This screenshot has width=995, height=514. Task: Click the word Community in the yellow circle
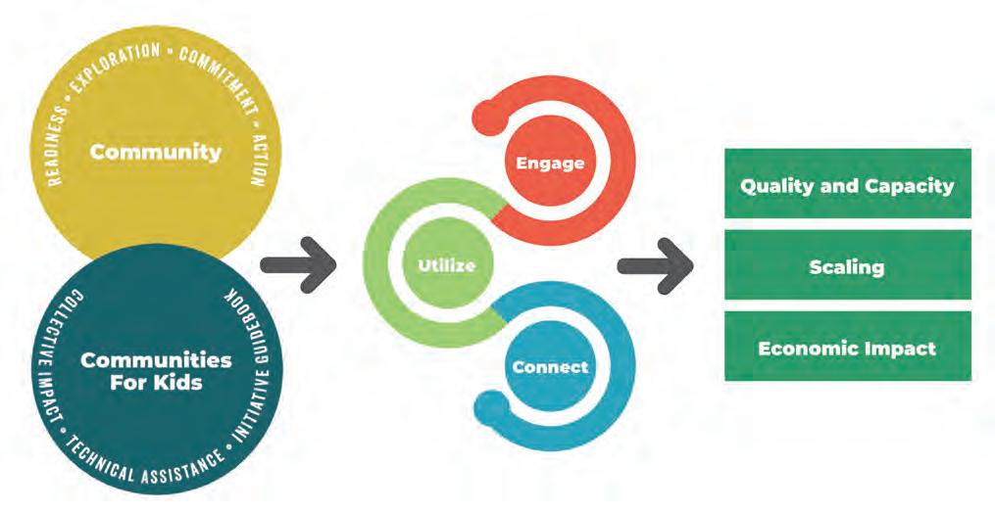point(156,152)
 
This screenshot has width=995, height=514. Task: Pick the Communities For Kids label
point(156,371)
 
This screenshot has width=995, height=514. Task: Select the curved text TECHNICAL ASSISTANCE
point(147,468)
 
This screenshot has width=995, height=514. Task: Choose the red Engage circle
point(550,163)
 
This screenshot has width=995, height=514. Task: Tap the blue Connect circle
point(550,367)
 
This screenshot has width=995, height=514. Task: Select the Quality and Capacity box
point(847,184)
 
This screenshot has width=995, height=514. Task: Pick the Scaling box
point(847,265)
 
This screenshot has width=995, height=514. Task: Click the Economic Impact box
point(847,347)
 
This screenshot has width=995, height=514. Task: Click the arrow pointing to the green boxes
point(655,264)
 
